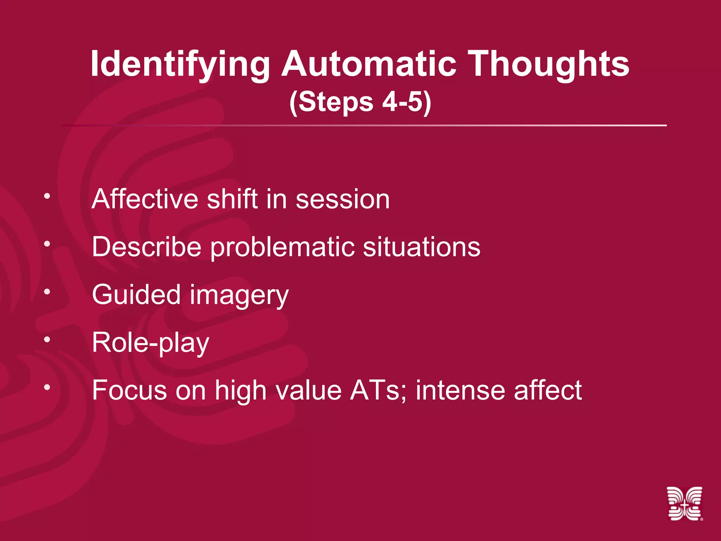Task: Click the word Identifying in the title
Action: [x=180, y=64]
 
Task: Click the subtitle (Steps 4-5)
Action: [x=360, y=102]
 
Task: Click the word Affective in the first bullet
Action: [x=144, y=199]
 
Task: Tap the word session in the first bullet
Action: [x=343, y=200]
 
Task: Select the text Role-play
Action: [x=151, y=343]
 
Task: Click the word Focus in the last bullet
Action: [x=129, y=390]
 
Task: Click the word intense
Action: [x=460, y=390]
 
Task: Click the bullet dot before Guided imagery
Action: [x=47, y=291]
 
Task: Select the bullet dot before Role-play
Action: [x=47, y=339]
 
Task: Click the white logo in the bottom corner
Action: [x=684, y=503]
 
